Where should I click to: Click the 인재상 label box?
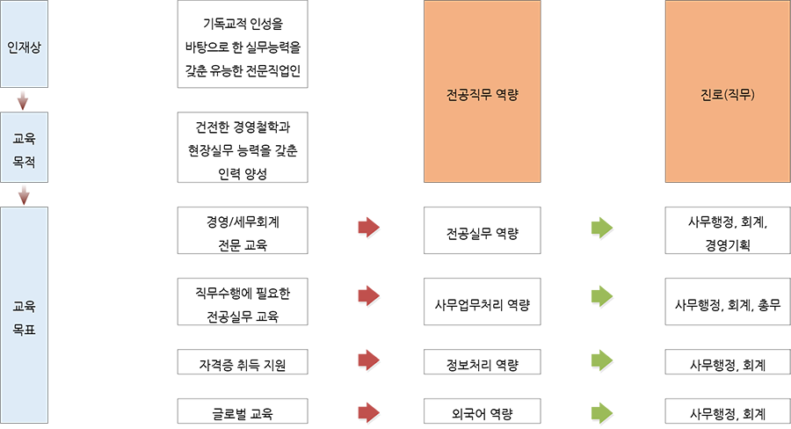pyautogui.click(x=25, y=44)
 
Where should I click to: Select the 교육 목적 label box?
pyautogui.click(x=25, y=148)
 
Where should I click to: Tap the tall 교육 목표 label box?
pyautogui.click(x=25, y=315)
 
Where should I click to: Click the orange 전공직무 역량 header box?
pyautogui.click(x=483, y=91)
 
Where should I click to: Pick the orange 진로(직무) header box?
pyautogui.click(x=728, y=91)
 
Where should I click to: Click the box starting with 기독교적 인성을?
pyautogui.click(x=243, y=44)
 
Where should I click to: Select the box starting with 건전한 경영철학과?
pyautogui.click(x=243, y=148)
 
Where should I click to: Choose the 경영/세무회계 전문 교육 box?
pyautogui.click(x=243, y=230)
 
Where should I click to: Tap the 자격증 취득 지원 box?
pyautogui.click(x=243, y=362)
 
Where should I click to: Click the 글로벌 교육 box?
pyautogui.click(x=243, y=411)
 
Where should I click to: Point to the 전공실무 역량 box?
pyautogui.click(x=483, y=230)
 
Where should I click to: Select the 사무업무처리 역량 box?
pyautogui.click(x=483, y=302)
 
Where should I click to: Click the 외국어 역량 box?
pyautogui.click(x=483, y=411)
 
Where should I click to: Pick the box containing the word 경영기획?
pyautogui.click(x=728, y=230)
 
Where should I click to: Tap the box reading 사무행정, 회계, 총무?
pyautogui.click(x=728, y=302)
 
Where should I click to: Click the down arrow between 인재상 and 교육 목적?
pyautogui.click(x=23, y=100)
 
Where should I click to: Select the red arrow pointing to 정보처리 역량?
pyautogui.click(x=369, y=360)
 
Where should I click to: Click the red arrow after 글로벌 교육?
pyautogui.click(x=369, y=413)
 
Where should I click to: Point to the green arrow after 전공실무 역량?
pyautogui.click(x=602, y=228)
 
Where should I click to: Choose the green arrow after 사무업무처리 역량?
pyautogui.click(x=602, y=296)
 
